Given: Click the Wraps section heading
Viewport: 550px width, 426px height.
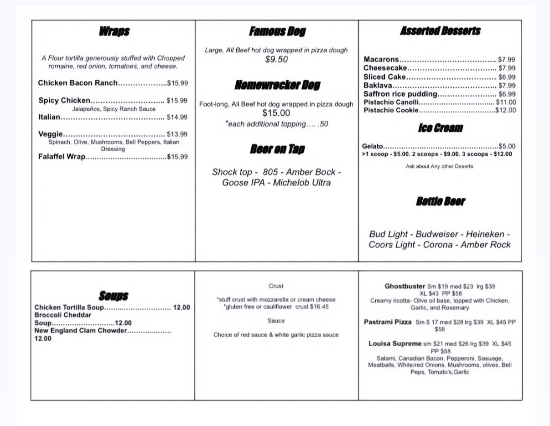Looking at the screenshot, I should tap(114, 31).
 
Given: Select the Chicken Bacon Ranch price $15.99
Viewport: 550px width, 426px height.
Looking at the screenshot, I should tap(177, 83).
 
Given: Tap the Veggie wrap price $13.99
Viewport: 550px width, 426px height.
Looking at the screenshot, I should tap(177, 134).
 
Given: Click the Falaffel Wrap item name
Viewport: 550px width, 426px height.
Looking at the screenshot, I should tap(62, 157).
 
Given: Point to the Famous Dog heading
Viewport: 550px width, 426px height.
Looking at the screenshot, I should tap(277, 31).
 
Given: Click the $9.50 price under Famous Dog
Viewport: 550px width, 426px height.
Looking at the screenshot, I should tap(276, 59).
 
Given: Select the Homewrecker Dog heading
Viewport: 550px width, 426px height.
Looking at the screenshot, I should tap(277, 85).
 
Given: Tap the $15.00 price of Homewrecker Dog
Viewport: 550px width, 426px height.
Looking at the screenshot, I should tap(276, 113).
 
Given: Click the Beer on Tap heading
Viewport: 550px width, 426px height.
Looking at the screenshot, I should tap(277, 149).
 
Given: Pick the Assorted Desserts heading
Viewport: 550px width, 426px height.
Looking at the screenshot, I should tap(440, 31).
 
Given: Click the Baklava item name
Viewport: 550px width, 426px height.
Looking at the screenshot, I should tap(378, 86).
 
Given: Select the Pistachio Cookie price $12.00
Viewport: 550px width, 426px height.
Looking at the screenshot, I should tap(506, 110).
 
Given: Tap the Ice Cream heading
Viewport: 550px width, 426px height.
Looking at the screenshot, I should tap(440, 128).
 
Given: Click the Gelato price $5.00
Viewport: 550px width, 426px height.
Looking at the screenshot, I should tap(507, 146).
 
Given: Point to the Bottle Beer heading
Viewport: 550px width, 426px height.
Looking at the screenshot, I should tap(440, 201).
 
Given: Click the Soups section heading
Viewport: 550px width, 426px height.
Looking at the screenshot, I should tap(114, 296).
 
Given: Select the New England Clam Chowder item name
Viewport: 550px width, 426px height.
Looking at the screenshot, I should tap(80, 331).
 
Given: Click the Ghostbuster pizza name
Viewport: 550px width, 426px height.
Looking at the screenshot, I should tap(405, 287).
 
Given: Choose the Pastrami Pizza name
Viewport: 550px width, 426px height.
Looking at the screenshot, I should tap(388, 322).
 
